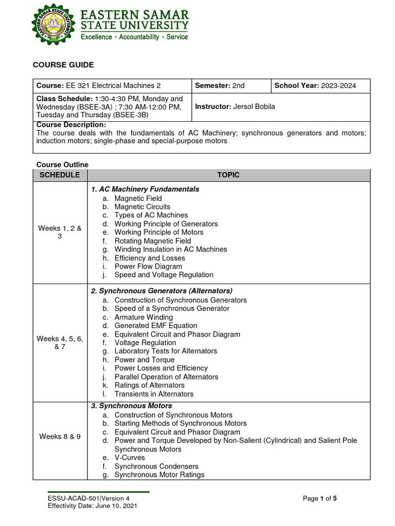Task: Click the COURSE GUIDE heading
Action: click(x=63, y=65)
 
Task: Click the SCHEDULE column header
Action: click(x=60, y=175)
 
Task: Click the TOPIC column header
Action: click(x=228, y=175)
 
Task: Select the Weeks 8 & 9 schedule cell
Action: click(x=60, y=437)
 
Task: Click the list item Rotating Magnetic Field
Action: click(x=152, y=241)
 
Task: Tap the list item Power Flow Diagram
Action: click(x=148, y=267)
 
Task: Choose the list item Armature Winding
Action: click(x=143, y=317)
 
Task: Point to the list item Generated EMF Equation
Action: click(x=155, y=326)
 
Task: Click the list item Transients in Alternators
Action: click(x=154, y=394)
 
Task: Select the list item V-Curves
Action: click(x=130, y=458)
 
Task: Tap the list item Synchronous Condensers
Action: click(x=156, y=466)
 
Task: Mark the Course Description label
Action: click(x=71, y=125)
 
